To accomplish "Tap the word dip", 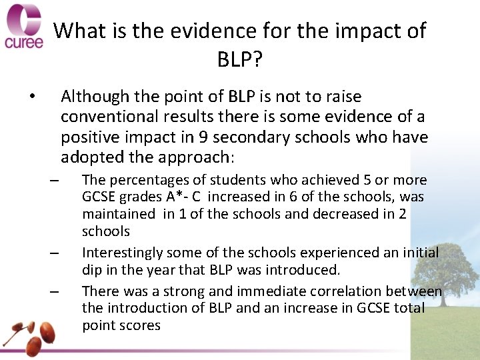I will [x=93, y=270].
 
